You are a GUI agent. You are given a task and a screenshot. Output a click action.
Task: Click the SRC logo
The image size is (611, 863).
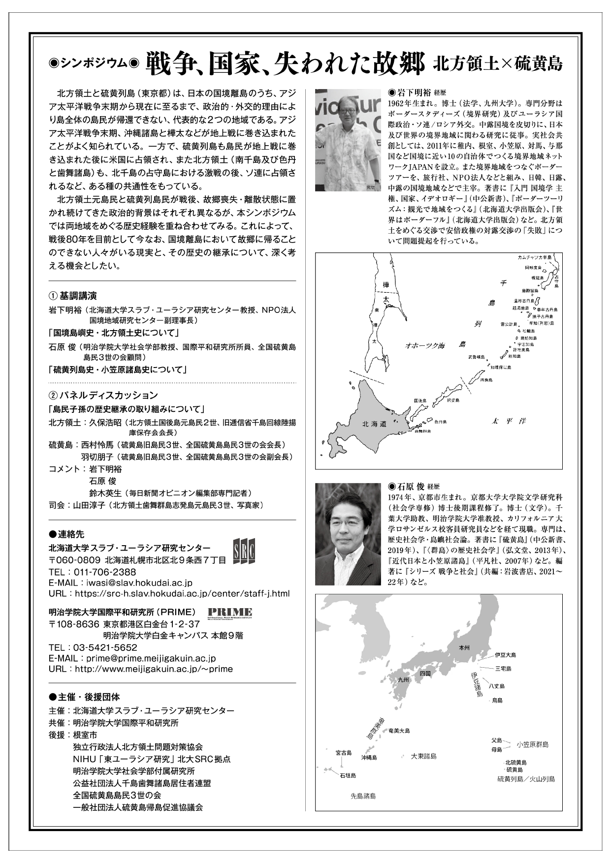(x=244, y=553)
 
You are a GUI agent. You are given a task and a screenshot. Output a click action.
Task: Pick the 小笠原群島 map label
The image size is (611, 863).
(x=532, y=744)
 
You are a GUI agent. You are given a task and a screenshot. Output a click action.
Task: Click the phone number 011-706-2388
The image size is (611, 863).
(x=105, y=572)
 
